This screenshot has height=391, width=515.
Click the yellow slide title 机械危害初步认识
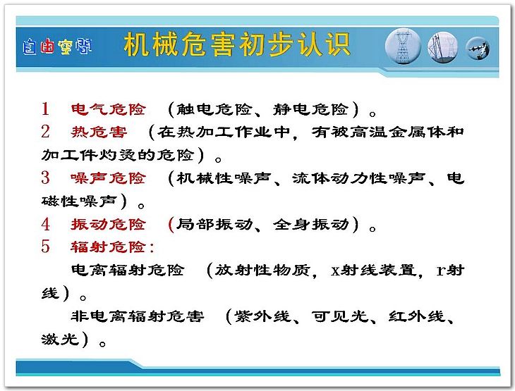pos(236,44)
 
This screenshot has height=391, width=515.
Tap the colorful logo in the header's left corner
pos(57,46)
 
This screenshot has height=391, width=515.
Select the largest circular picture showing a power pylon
pos(404,46)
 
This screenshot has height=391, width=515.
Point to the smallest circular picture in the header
pos(478,48)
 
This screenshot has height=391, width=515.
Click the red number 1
pos(45,108)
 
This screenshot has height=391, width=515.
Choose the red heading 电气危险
pos(109,109)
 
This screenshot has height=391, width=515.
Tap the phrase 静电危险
pos(310,109)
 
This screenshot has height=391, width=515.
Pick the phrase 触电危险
pos(214,109)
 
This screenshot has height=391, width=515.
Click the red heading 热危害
pos(99,132)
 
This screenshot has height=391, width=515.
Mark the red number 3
pos(45,178)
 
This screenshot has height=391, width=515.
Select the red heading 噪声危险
pos(109,178)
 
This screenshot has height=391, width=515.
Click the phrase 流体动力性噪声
pos(358,178)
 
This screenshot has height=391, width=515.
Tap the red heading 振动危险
pos(109,225)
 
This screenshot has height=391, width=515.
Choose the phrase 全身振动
pos(310,225)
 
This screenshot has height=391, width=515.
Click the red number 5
pos(45,247)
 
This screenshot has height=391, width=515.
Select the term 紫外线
pos(262,316)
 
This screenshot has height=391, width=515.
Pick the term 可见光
pos(339,316)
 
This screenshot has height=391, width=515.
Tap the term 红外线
pos(417,316)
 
